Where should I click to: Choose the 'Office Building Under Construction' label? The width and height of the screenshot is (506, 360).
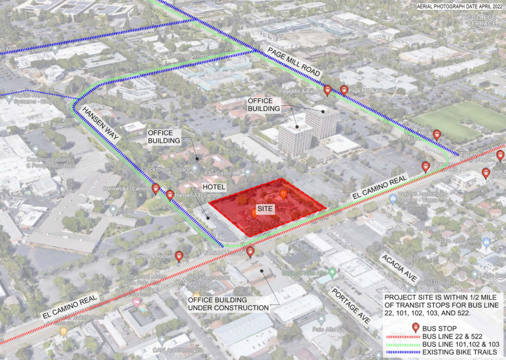[x=228, y=304]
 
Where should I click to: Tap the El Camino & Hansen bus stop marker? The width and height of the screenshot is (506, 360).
[x=179, y=256]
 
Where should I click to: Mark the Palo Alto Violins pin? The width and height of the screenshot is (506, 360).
[x=486, y=243]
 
